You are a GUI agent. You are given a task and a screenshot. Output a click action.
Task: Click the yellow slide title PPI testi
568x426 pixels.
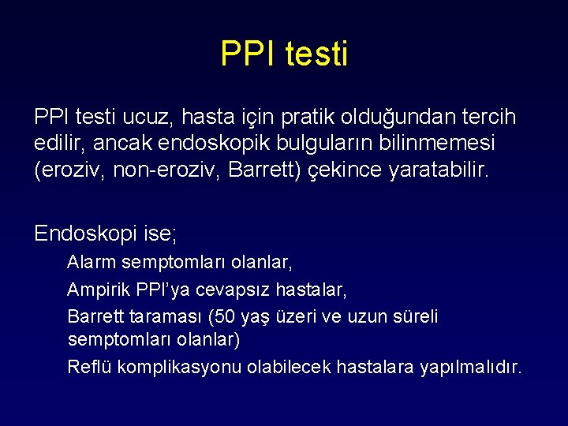[x=284, y=54]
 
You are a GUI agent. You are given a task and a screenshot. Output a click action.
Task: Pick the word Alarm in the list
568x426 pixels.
[x=90, y=262]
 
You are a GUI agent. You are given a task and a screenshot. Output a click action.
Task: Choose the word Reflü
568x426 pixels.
[x=86, y=367]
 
